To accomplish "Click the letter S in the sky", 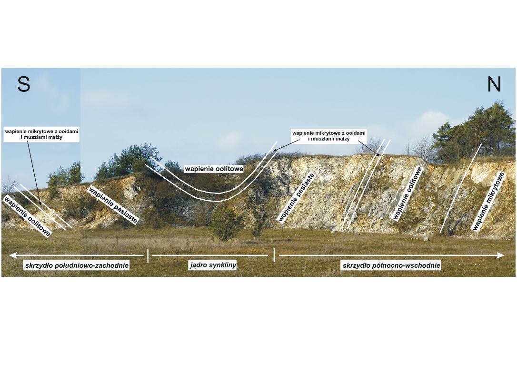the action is click(24, 84).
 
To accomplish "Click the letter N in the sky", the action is click(494, 84).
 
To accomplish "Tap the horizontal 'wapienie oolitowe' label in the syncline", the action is click(214, 169).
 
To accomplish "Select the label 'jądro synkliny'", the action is click(213, 264).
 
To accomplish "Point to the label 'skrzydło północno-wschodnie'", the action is click(391, 265).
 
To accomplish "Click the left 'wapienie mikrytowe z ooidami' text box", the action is click(41, 134).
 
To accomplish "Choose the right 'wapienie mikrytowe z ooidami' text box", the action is click(329, 136).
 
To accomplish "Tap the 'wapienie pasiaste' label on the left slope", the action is click(113, 205).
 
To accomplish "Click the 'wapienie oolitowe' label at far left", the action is click(27, 215).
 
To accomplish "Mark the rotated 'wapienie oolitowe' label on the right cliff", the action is click(408, 193).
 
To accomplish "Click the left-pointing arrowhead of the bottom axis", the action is click(13, 255).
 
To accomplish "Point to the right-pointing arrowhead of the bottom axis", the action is click(500, 255).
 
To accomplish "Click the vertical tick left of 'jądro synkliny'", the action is click(148, 255).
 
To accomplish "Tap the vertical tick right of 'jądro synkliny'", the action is click(274, 255).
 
